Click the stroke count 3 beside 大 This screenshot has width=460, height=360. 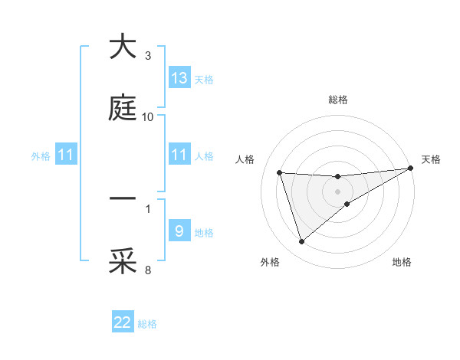pyautogui.click(x=148, y=56)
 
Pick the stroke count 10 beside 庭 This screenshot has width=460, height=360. pyautogui.click(x=148, y=117)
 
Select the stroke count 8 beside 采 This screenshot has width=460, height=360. pyautogui.click(x=148, y=270)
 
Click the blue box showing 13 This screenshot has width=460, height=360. pyautogui.click(x=179, y=77)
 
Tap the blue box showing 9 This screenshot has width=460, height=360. pyautogui.click(x=179, y=231)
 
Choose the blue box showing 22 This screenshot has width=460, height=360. pyautogui.click(x=123, y=322)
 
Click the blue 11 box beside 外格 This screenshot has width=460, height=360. pyautogui.click(x=65, y=155)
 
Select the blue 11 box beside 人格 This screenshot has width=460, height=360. pyautogui.click(x=179, y=155)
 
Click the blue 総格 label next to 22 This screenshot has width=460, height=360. pyautogui.click(x=147, y=324)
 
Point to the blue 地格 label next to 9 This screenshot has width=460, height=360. pyautogui.click(x=204, y=233)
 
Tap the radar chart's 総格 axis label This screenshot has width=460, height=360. pyautogui.click(x=338, y=100)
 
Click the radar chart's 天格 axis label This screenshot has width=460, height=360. pyautogui.click(x=431, y=159)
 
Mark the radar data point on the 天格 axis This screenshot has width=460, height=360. pyautogui.click(x=411, y=169)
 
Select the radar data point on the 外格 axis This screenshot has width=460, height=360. pyautogui.click(x=301, y=242)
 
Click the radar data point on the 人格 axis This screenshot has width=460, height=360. pyautogui.click(x=280, y=172)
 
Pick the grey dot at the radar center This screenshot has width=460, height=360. pyautogui.click(x=338, y=191)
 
